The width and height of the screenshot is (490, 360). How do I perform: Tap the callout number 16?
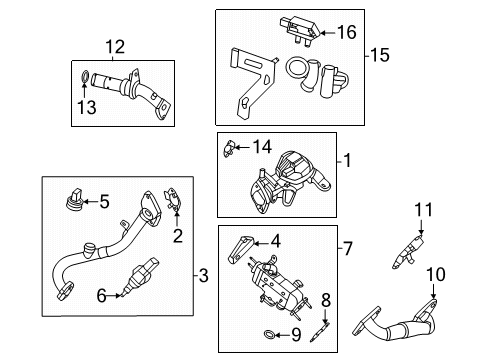click(x=345, y=33)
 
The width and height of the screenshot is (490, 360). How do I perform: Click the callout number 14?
click(x=263, y=147)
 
